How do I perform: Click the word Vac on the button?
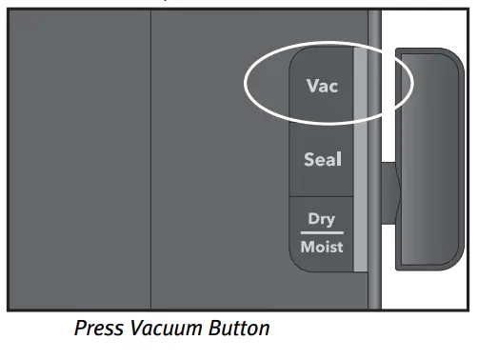(x=322, y=86)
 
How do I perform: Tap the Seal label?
(x=322, y=159)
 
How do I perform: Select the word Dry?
(x=321, y=218)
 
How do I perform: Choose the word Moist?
(x=322, y=247)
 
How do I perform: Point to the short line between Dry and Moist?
(x=322, y=232)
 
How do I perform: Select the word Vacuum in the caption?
(x=169, y=329)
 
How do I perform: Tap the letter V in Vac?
(x=311, y=86)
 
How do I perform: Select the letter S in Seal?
(x=309, y=159)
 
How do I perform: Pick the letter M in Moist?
(x=305, y=247)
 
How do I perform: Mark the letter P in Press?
(x=80, y=329)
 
